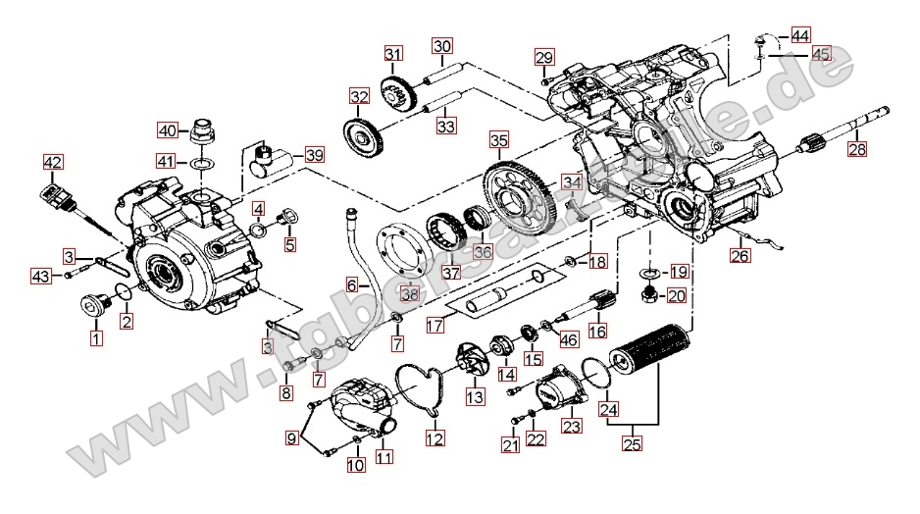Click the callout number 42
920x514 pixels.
(52, 162)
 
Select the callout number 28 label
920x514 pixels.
(858, 150)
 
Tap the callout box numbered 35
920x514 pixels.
(499, 140)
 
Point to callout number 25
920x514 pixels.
(633, 442)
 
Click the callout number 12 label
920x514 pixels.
(434, 438)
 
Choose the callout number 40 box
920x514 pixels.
(168, 130)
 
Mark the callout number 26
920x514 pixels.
(741, 257)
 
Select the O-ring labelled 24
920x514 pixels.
(593, 372)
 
